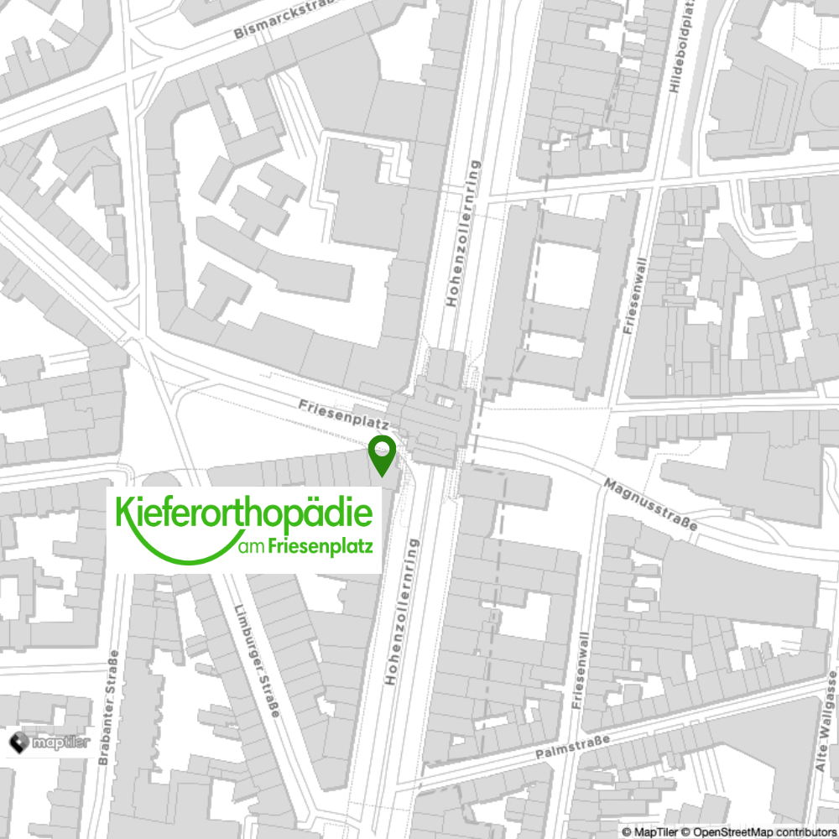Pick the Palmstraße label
(x=573, y=743)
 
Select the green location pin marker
(x=383, y=456)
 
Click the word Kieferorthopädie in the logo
(x=243, y=514)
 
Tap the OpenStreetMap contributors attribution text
(x=760, y=831)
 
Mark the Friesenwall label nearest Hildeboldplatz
(x=635, y=296)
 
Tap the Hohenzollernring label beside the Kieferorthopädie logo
(x=399, y=612)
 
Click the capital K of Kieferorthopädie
(x=123, y=513)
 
